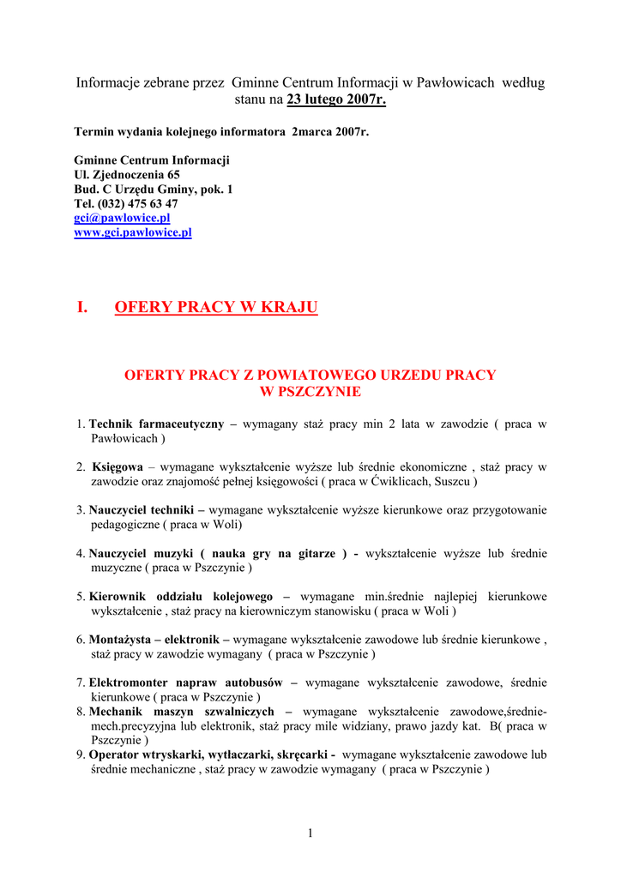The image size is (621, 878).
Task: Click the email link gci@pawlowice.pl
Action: point(122,219)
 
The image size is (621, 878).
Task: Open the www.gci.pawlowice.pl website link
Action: point(133,232)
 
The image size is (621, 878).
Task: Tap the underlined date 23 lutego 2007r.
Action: point(336,100)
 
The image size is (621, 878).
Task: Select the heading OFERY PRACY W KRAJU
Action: point(215,308)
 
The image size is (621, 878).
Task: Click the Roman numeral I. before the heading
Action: point(82,308)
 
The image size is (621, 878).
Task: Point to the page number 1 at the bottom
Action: point(310,833)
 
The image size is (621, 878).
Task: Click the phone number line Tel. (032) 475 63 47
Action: point(126,204)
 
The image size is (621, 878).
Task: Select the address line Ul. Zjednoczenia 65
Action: point(127,175)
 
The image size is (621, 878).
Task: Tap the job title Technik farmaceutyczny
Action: point(157,424)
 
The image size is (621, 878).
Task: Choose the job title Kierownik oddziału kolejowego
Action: point(181,597)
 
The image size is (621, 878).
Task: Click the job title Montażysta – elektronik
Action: point(159,640)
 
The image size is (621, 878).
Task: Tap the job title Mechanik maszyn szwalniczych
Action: point(182,712)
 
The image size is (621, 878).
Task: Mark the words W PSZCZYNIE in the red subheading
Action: point(310,392)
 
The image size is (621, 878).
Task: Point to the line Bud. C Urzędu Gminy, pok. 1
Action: point(154,189)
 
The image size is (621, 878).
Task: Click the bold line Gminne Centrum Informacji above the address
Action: point(152,160)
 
